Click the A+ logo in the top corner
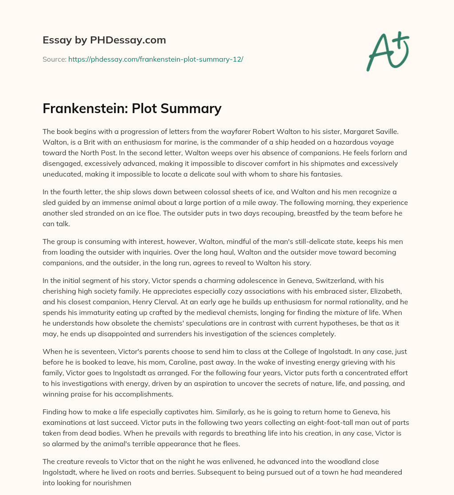point(387,51)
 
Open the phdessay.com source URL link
point(156,59)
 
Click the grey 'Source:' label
point(54,59)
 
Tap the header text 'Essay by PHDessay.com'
point(104,40)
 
